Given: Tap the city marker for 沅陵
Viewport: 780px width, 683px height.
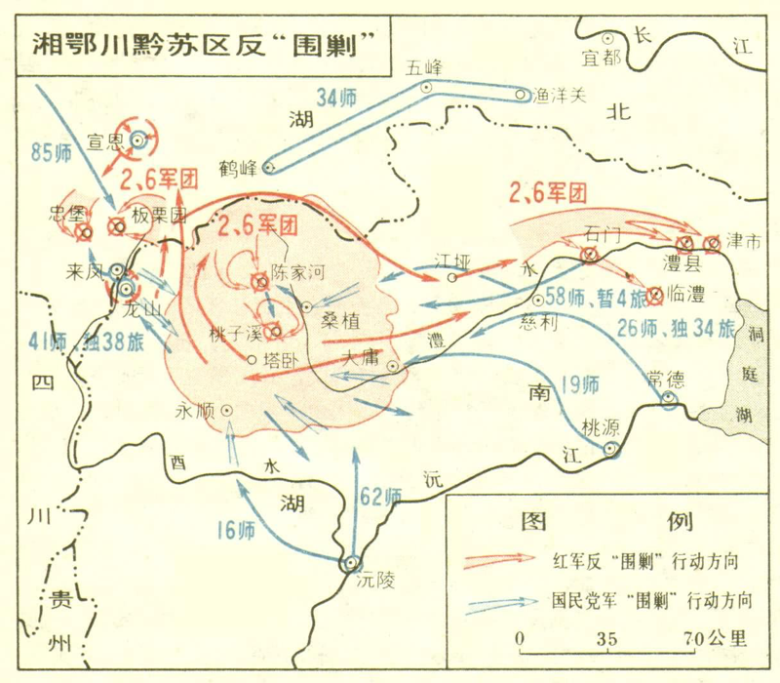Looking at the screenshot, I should [x=351, y=563].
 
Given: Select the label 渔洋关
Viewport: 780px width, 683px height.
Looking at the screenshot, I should [x=560, y=95].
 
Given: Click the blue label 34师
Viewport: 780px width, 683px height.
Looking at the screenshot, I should [x=337, y=99].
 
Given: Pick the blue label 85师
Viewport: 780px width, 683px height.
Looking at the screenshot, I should [x=51, y=152].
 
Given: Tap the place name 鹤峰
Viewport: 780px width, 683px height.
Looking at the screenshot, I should [x=239, y=167].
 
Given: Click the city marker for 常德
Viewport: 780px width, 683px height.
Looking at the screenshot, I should [x=669, y=400].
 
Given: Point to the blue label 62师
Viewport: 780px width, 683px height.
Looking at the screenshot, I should [x=380, y=496].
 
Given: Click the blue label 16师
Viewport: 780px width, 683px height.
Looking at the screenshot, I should [x=236, y=531].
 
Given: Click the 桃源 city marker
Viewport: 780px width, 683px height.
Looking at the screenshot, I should [x=611, y=449].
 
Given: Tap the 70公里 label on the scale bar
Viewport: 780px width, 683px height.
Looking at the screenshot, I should [x=714, y=640].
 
